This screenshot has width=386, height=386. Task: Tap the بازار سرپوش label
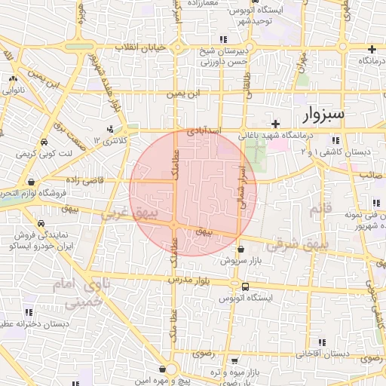pos(240,261)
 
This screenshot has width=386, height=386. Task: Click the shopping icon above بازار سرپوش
pos(240,249)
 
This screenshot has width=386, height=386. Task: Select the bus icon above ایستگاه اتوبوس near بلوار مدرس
pos(246,286)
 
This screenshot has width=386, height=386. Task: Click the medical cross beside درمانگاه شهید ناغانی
pos(276,124)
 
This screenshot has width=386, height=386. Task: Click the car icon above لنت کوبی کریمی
pos(45,142)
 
